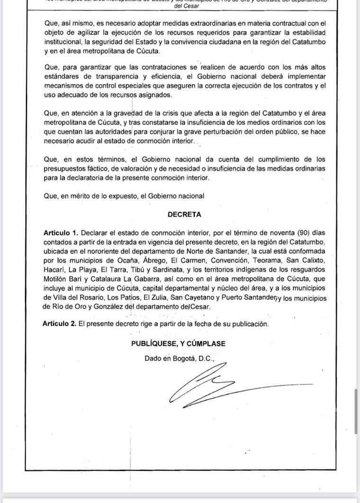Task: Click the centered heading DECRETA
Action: pyautogui.click(x=184, y=214)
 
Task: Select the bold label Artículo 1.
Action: pyautogui.click(x=60, y=233)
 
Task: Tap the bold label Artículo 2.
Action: pyautogui.click(x=59, y=324)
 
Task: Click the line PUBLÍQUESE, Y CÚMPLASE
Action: pyautogui.click(x=178, y=344)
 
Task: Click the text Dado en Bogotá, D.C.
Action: pyautogui.click(x=180, y=359)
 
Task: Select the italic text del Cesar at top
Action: pyautogui.click(x=187, y=7)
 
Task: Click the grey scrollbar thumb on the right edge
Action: pyautogui.click(x=356, y=411)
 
